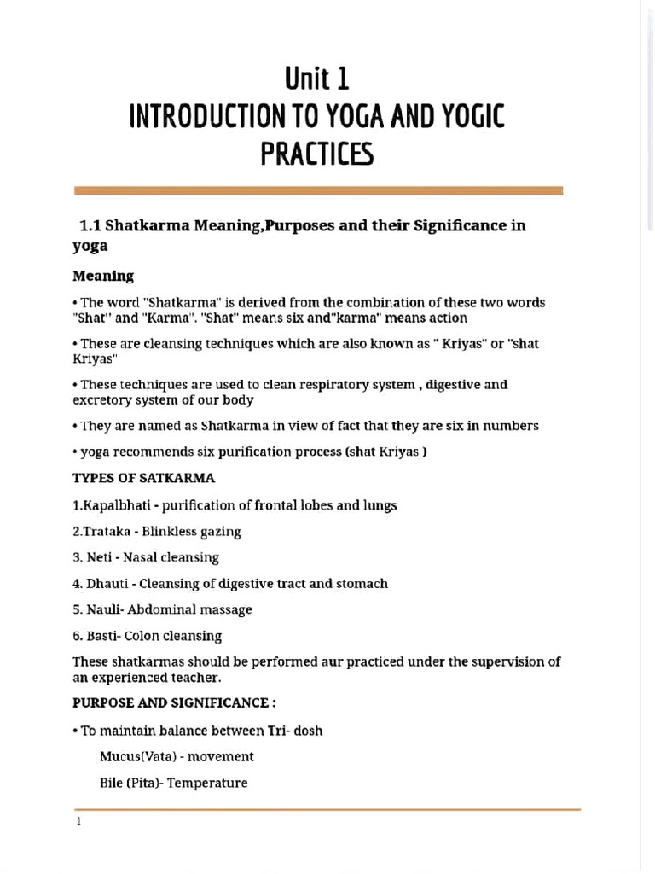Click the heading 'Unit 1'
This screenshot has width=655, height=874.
click(317, 80)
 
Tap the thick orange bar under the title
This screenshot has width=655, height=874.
click(318, 191)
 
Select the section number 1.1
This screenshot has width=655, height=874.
click(90, 226)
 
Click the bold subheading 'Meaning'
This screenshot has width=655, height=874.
click(103, 276)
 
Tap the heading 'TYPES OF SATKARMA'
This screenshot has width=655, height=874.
click(144, 478)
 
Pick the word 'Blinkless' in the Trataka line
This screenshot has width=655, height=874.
click(169, 532)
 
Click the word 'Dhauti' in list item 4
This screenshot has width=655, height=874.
click(107, 584)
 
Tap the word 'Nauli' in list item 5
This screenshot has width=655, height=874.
click(103, 609)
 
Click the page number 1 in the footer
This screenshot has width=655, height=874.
click(78, 822)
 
